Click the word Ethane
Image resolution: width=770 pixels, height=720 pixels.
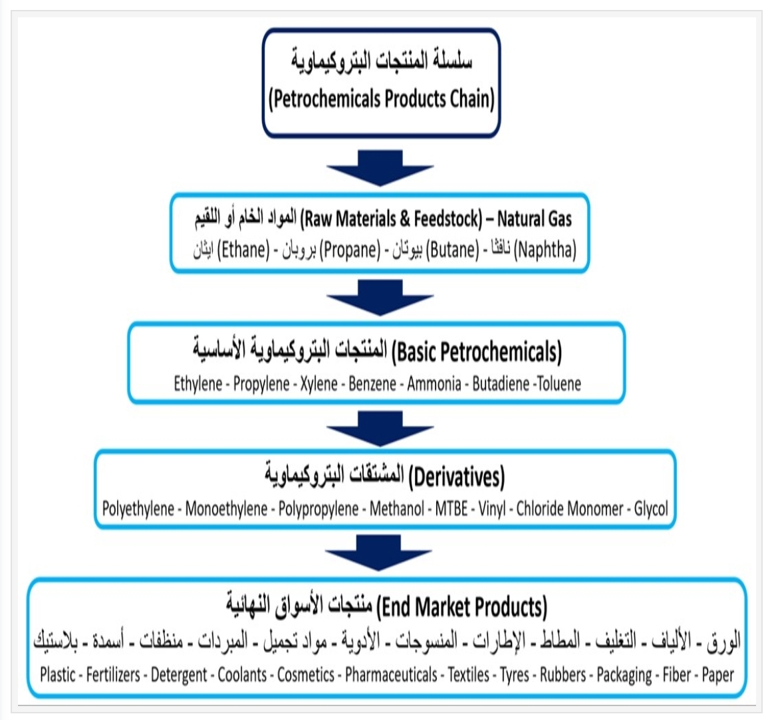(245, 250)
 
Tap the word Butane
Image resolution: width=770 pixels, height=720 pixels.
(453, 250)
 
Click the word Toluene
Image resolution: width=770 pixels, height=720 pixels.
(559, 384)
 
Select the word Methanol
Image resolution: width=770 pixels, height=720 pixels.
(396, 509)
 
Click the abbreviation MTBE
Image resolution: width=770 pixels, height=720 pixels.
(451, 509)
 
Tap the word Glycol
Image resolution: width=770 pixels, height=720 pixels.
(651, 509)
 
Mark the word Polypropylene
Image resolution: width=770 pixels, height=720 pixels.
(318, 509)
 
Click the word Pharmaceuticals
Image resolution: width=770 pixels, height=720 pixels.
(391, 675)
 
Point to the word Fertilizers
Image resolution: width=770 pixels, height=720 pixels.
(113, 675)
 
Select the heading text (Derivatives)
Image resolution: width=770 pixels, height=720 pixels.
(455, 477)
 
